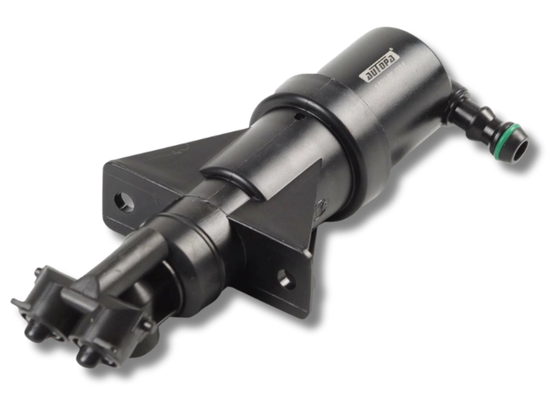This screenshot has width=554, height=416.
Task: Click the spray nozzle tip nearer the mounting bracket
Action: (x=86, y=356)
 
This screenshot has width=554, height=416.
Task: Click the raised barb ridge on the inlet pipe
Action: (x=486, y=118)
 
